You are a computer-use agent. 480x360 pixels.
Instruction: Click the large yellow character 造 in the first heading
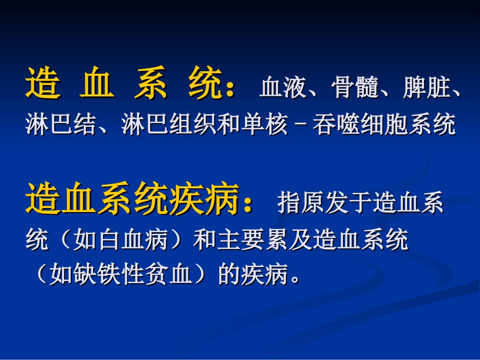41,84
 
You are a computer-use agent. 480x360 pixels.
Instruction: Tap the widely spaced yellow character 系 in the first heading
151,84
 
